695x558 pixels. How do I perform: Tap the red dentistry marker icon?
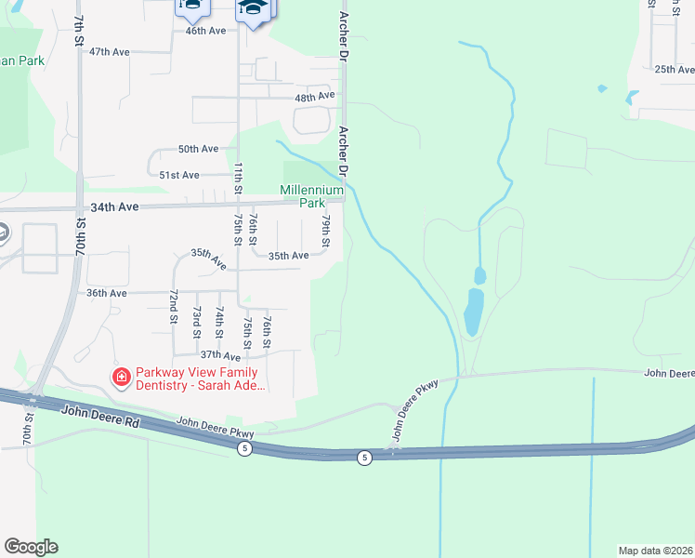[x=121, y=377]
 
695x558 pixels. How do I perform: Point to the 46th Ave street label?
[x=205, y=31]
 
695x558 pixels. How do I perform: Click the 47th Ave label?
[x=110, y=52]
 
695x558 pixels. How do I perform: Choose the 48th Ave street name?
[x=314, y=97]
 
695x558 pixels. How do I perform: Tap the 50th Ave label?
[x=198, y=149]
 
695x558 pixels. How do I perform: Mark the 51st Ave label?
[x=179, y=175]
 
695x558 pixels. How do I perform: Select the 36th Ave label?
[x=106, y=293]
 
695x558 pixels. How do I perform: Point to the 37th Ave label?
[x=220, y=355]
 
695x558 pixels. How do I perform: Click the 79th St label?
[x=326, y=232]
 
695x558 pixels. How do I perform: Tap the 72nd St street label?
[x=174, y=306]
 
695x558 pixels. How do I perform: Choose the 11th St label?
[x=238, y=177]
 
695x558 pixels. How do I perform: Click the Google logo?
[x=31, y=547]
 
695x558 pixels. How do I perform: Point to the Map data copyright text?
[x=656, y=550]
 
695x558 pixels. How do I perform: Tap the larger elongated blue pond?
[x=473, y=311]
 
